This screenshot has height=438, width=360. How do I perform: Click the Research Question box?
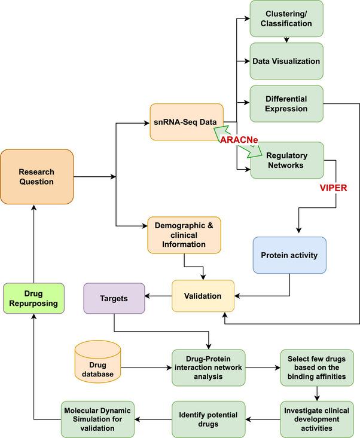click(x=36, y=176)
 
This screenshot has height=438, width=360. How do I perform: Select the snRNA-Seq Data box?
click(x=187, y=122)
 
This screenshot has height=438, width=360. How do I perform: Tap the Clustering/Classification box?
click(x=286, y=18)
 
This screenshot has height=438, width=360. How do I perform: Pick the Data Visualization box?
click(x=286, y=61)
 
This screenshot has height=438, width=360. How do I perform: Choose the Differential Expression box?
click(x=286, y=103)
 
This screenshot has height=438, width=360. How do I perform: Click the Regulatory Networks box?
click(x=286, y=160)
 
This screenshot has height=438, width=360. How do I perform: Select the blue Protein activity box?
click(x=289, y=255)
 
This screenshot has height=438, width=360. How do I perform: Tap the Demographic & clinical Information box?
click(x=184, y=234)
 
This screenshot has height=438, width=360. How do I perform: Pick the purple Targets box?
click(x=114, y=298)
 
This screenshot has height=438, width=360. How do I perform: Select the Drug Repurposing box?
click(x=33, y=298)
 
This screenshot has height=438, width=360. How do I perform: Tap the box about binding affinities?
click(x=316, y=367)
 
